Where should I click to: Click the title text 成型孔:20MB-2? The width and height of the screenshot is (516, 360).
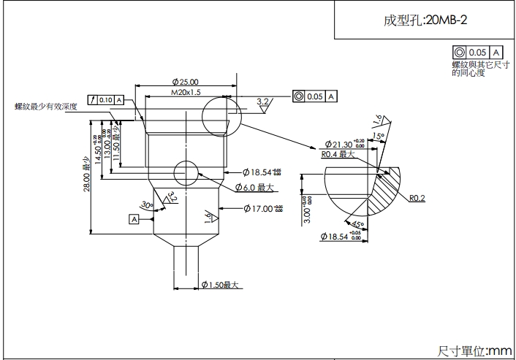[x=425, y=20]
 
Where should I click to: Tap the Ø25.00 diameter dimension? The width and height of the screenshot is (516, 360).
[x=186, y=82]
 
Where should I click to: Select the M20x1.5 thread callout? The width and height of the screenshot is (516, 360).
[x=186, y=93]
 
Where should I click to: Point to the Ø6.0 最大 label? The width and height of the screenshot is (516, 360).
[x=254, y=188]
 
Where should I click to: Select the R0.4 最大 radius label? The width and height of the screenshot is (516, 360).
[x=337, y=155]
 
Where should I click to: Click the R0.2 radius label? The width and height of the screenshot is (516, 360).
[x=417, y=198]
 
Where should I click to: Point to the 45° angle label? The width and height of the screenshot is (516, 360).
[x=358, y=223]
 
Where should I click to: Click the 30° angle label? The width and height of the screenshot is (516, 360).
[x=147, y=205]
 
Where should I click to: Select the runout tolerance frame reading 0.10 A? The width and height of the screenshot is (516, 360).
[x=105, y=99]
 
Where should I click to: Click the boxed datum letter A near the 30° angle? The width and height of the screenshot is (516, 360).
[x=134, y=218]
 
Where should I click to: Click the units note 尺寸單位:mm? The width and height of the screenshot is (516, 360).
[x=475, y=351]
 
